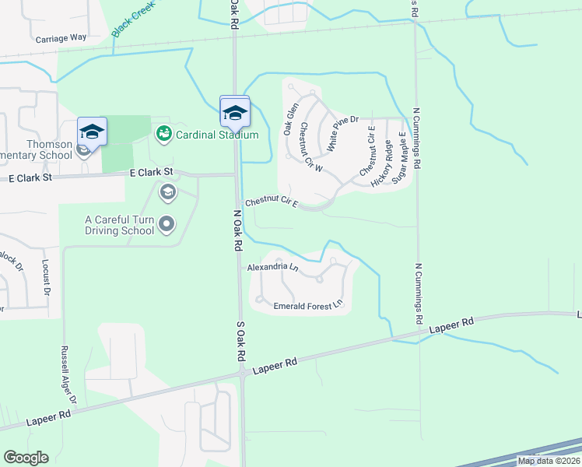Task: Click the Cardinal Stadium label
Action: [216, 135]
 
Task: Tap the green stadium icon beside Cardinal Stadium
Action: [163, 135]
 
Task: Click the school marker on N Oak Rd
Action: [234, 114]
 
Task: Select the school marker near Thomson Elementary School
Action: [92, 134]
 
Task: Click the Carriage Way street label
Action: [61, 37]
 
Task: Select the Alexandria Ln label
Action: [272, 268]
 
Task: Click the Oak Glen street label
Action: [291, 120]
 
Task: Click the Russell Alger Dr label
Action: [69, 374]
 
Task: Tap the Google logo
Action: [26, 458]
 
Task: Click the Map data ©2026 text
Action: [549, 461]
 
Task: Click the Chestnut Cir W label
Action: [310, 147]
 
